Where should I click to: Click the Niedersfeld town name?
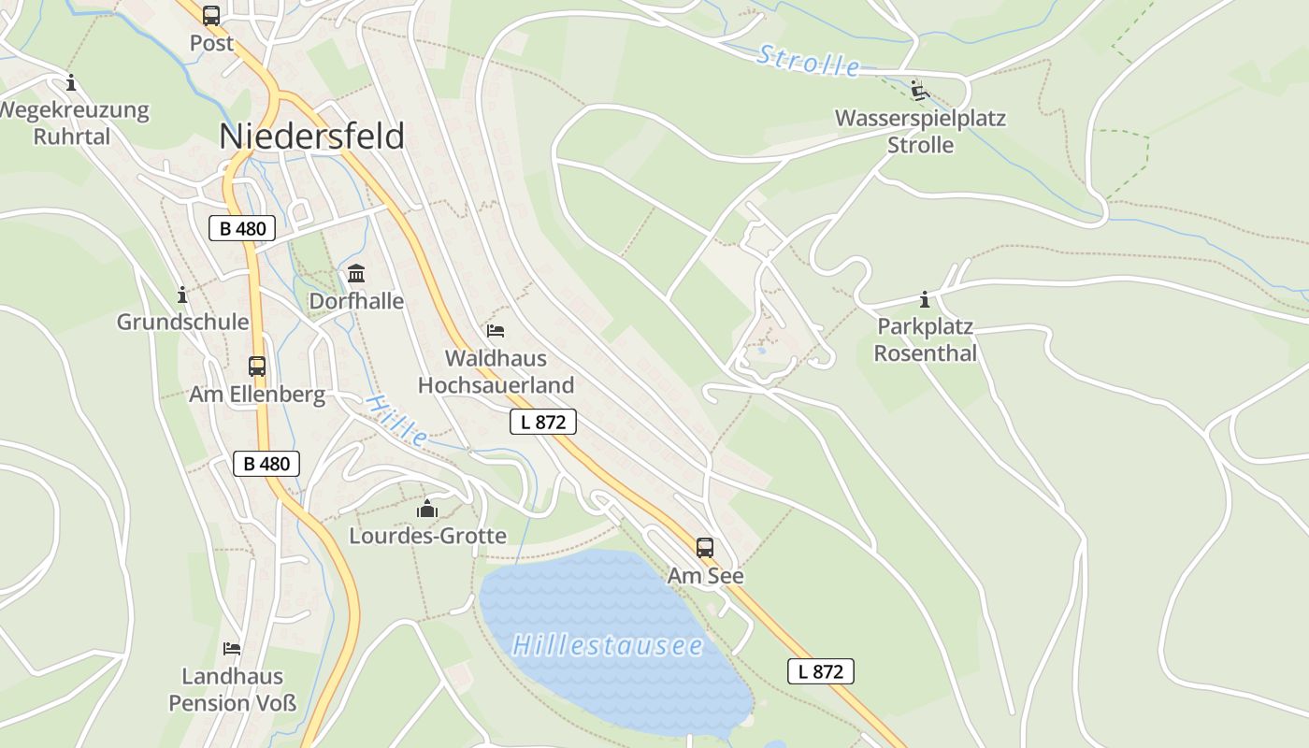coord(311,137)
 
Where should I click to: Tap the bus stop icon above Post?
coord(211,16)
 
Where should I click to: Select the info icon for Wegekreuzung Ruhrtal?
coord(71,82)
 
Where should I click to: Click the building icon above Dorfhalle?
coord(356,274)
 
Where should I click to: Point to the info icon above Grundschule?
coord(182,295)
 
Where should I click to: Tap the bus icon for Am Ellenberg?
coord(257,367)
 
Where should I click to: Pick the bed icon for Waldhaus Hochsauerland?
coord(496,331)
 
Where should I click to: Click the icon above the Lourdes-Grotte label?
coord(427,509)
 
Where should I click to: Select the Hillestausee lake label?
coord(608,645)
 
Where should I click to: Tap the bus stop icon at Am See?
coord(705,548)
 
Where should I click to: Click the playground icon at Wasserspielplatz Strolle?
coord(920,91)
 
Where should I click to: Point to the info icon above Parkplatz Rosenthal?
coord(925,300)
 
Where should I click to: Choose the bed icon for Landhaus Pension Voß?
coord(232,648)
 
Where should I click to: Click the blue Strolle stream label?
coord(808,61)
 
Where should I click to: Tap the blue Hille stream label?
coord(396,419)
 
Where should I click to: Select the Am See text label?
coord(705,576)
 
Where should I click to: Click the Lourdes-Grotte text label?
coord(427,536)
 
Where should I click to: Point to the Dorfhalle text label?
coord(356,301)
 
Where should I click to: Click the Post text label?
coord(211,43)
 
